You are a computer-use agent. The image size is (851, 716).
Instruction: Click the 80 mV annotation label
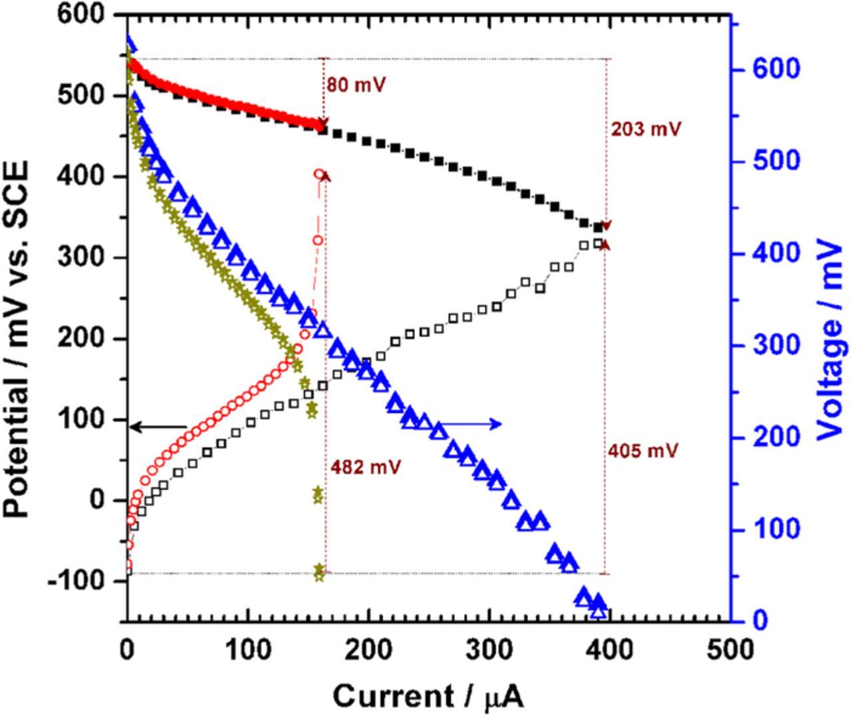[356, 85]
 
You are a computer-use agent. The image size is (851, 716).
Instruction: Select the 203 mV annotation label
[646, 129]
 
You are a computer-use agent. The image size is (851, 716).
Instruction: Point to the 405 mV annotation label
[643, 451]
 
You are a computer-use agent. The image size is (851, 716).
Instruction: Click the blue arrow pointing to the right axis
[469, 424]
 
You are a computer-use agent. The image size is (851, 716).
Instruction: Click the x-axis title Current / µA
[427, 696]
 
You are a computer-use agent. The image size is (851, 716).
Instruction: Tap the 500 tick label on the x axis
[729, 649]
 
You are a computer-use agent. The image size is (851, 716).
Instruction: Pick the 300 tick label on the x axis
[488, 649]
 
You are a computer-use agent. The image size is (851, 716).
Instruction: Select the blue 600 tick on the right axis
[771, 69]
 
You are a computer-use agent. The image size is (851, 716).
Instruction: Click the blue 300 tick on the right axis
[771, 345]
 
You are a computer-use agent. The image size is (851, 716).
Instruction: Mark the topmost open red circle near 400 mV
[319, 174]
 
